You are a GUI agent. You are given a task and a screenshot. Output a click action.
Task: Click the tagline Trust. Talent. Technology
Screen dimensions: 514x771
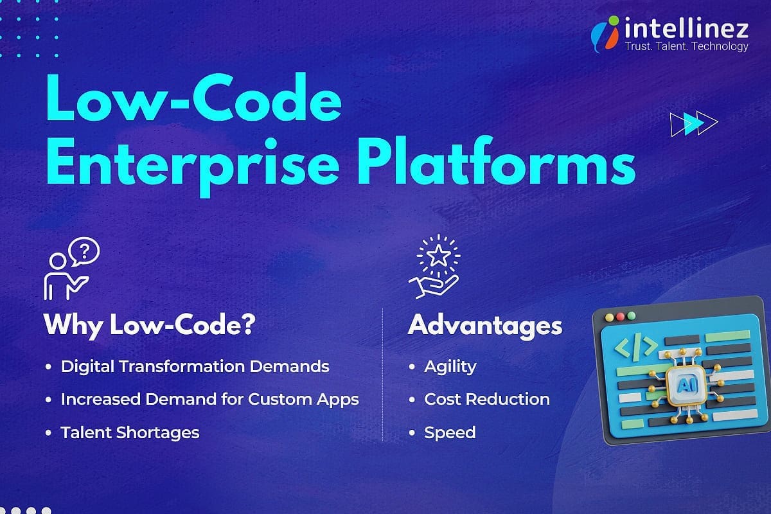tap(686, 46)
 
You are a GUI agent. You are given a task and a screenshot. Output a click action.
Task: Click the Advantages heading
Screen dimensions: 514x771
tap(484, 325)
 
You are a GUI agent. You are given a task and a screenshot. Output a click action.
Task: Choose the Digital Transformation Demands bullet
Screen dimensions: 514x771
tap(195, 366)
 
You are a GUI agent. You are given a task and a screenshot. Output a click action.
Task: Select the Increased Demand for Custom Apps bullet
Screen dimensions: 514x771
tap(209, 399)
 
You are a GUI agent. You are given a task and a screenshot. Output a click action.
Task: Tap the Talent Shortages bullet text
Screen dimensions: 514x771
tap(130, 432)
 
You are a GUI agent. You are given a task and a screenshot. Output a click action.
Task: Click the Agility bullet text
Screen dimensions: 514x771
tap(450, 366)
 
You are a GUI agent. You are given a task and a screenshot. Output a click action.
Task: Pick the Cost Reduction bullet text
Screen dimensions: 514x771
tap(486, 399)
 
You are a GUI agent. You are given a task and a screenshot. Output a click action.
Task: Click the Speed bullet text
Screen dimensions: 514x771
tap(450, 432)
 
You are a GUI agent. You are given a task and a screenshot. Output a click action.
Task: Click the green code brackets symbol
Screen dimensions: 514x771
tap(635, 346)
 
